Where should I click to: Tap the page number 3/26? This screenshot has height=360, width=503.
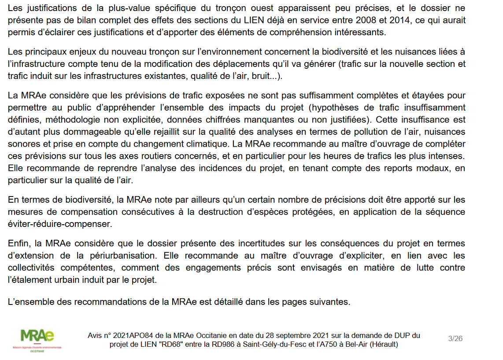[x=455, y=338]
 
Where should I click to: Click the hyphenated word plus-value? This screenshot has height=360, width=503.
[x=123, y=8]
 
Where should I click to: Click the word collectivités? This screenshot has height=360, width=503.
[x=32, y=268]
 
